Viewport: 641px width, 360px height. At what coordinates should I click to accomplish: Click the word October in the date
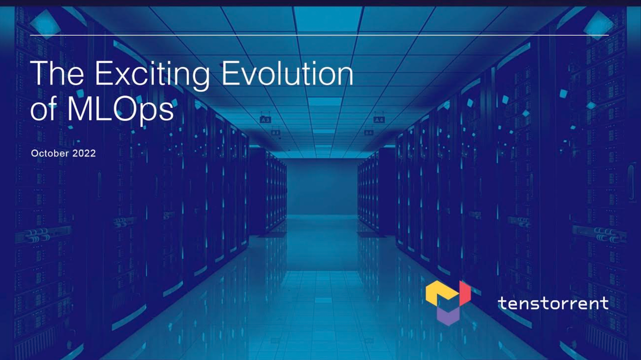50,154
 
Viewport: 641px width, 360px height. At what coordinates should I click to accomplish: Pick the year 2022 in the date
85,154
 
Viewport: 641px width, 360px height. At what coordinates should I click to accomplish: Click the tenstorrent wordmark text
553,303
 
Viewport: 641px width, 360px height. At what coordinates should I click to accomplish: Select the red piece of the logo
465,292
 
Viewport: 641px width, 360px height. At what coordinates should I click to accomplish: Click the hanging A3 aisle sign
265,120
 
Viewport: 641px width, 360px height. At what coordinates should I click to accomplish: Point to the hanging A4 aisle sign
379,120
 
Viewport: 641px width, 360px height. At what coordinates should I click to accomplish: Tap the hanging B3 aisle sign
276,133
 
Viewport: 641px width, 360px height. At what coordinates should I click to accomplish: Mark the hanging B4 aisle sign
368,133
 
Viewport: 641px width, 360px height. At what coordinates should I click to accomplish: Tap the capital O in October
35,154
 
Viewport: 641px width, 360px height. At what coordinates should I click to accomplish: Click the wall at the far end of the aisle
321,187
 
